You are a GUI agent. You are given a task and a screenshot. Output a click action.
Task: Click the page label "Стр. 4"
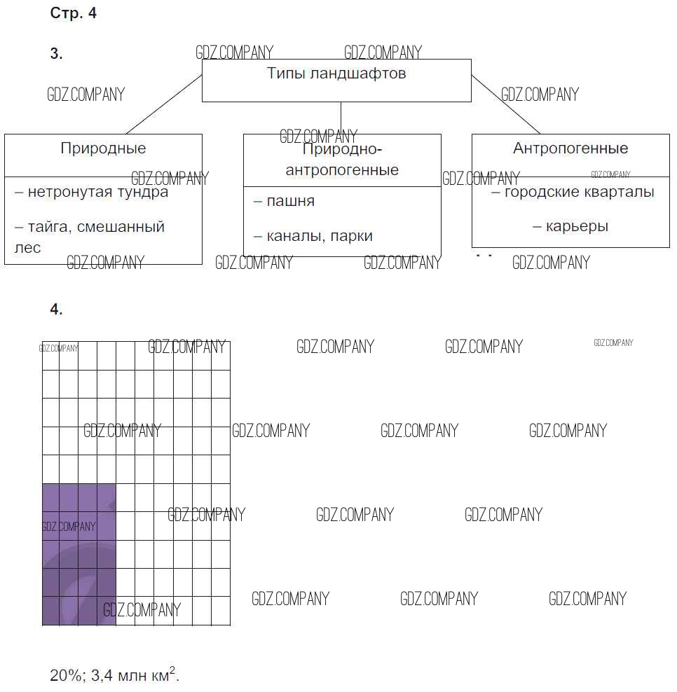coord(74,13)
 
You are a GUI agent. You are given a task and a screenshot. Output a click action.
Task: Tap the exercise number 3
coord(56,53)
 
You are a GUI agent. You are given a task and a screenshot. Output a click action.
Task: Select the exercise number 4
coord(56,309)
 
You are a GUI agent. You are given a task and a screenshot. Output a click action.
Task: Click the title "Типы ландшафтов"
coord(336,74)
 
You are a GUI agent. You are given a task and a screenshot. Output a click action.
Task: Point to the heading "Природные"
coord(103,148)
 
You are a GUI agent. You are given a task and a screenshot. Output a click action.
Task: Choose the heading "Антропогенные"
coord(570,148)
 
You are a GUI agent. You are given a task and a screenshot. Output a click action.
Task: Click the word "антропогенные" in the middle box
coord(342,170)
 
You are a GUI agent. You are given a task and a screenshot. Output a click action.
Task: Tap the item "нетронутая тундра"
coord(98,193)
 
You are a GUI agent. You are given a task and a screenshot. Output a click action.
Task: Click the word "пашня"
coord(291,202)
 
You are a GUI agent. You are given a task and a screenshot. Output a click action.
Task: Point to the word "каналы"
coord(296,236)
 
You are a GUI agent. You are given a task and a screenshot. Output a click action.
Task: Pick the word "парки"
coord(352,237)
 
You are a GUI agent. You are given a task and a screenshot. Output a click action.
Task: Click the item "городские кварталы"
coord(579,192)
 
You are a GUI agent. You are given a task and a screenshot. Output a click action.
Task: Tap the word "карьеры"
coord(577,227)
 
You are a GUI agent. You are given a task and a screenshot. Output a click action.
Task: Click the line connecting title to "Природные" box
coord(164,104)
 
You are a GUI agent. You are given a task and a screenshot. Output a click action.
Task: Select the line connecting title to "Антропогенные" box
coord(506,104)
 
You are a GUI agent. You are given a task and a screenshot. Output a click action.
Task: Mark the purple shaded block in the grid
coord(79,555)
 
